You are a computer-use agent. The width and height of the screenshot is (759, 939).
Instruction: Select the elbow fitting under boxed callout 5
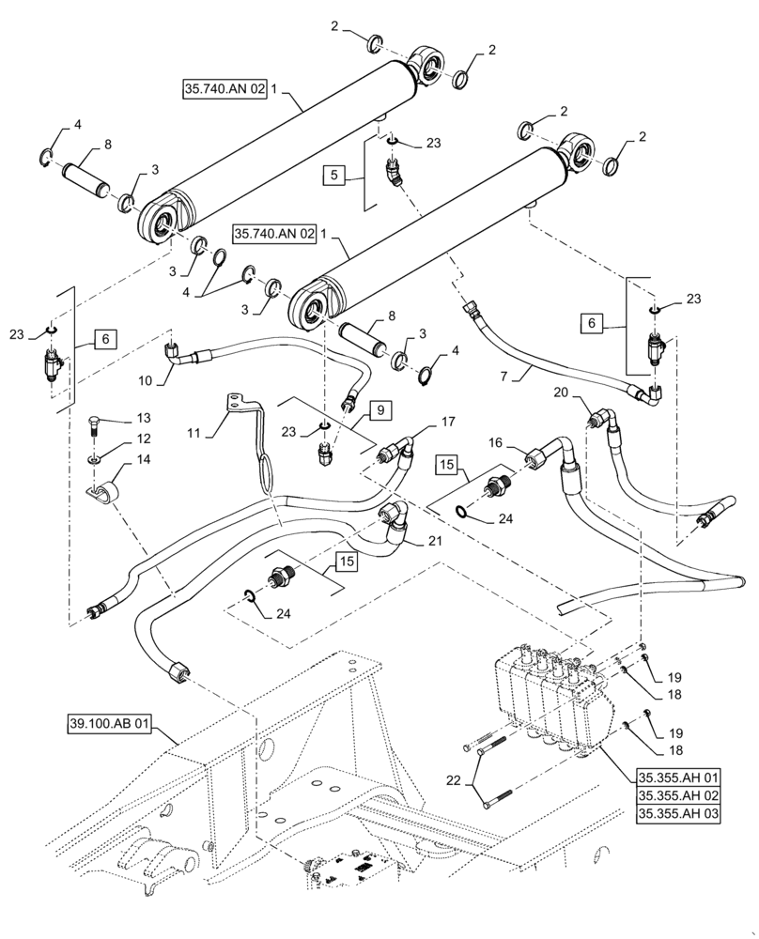coord(390,174)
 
